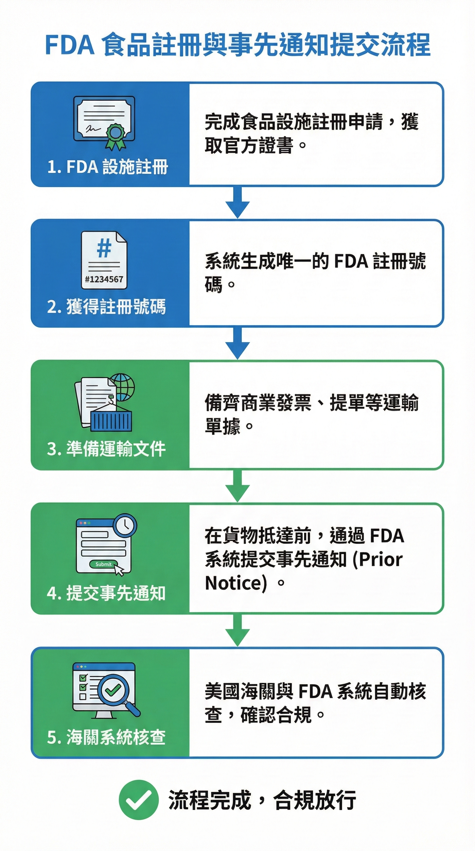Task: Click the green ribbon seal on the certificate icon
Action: [x=115, y=134]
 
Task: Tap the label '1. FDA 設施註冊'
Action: [x=108, y=167]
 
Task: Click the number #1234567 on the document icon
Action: [x=104, y=279]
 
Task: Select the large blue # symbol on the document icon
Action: [x=104, y=248]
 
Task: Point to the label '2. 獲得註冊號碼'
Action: [x=106, y=307]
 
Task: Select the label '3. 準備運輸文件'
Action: [x=106, y=449]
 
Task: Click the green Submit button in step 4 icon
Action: [x=103, y=564]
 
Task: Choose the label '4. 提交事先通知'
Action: [x=106, y=593]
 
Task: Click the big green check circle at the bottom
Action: [x=139, y=800]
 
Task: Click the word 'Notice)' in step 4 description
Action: [x=236, y=583]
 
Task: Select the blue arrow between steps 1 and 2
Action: [x=237, y=202]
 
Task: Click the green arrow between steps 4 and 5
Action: [x=237, y=630]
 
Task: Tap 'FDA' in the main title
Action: [x=70, y=45]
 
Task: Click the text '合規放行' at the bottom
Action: [x=315, y=800]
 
